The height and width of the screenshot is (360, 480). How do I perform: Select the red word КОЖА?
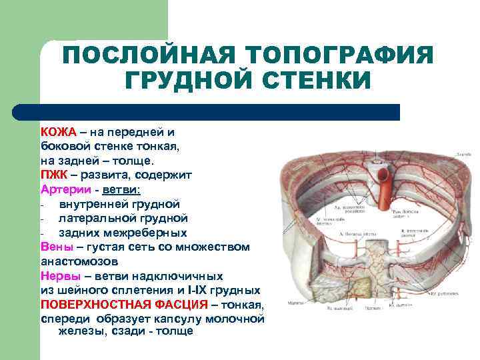tap(59, 132)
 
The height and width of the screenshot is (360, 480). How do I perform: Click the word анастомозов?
tap(83, 261)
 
